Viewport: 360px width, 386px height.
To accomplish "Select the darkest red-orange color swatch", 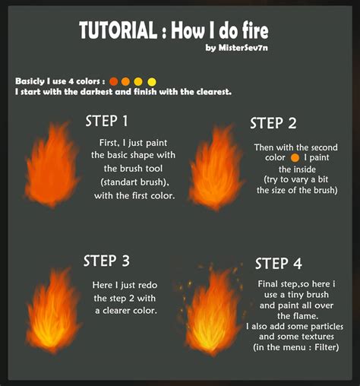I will [114, 81].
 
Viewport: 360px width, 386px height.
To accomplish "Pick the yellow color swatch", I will [151, 81].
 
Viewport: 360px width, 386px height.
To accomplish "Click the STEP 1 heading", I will [112, 121].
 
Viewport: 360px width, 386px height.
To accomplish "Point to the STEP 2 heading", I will [273, 123].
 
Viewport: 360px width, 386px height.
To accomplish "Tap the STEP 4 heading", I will [278, 264].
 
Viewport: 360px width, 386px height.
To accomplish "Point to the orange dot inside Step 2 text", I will [294, 157].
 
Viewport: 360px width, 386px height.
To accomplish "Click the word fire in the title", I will [251, 31].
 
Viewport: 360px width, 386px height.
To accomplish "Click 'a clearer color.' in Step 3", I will [126, 311].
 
